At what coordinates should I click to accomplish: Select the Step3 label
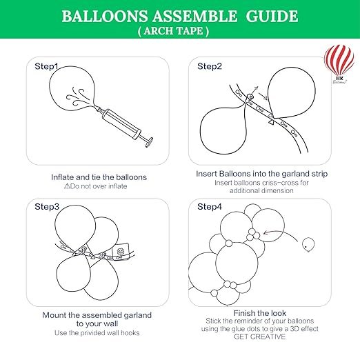tap(48, 206)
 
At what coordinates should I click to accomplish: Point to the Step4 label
tap(210, 206)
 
